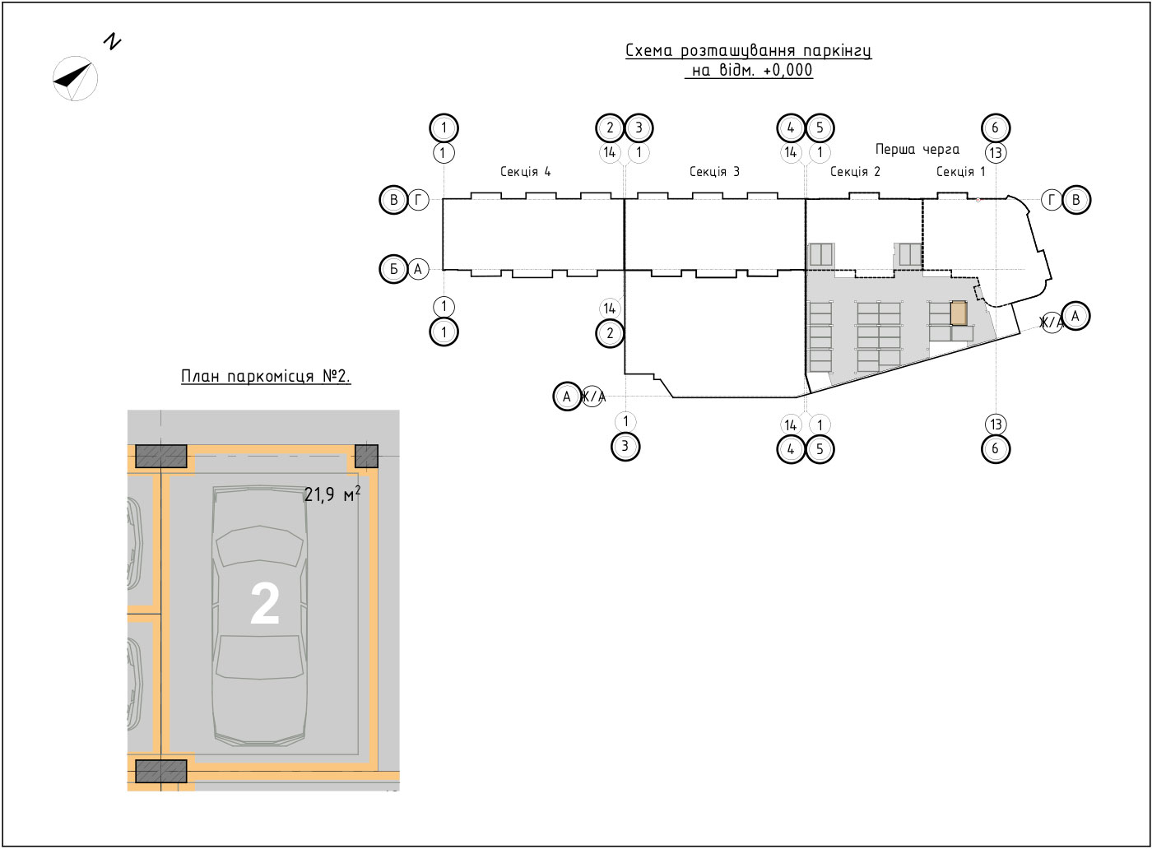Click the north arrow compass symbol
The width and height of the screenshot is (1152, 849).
point(75,79)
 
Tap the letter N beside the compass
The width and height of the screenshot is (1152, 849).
point(112,42)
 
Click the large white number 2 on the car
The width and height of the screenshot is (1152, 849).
point(265,604)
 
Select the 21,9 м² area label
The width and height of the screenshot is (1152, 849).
point(332,494)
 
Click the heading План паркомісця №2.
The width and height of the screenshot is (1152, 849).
point(265,377)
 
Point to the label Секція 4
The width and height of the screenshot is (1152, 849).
point(526,172)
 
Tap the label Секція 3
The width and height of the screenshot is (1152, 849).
point(714,172)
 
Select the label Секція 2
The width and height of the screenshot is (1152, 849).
point(855,172)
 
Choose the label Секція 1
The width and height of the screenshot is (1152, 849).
point(961,172)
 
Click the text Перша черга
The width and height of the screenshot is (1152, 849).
point(917,150)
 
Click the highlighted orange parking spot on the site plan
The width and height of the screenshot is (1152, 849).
point(959,313)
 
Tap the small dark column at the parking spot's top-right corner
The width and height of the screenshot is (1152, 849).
point(367,456)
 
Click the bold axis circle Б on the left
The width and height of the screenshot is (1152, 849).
point(393,269)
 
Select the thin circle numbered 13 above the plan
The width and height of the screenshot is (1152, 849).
point(996,153)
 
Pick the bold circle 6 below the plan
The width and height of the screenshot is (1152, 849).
point(996,449)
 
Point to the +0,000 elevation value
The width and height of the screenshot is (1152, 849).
point(788,70)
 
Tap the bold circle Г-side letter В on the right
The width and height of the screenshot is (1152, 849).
point(1076,200)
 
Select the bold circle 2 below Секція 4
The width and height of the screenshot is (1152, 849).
point(610,333)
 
